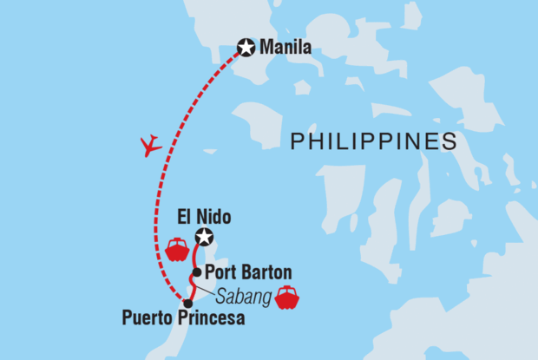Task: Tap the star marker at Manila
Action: [246, 47]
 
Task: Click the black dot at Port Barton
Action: [198, 272]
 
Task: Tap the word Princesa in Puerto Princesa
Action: [211, 319]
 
